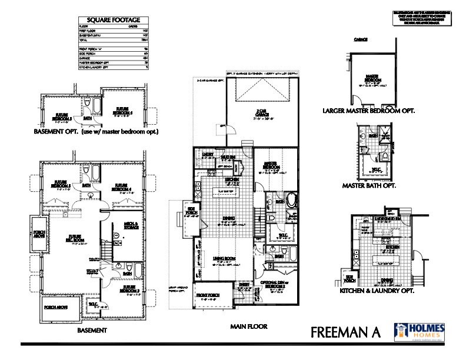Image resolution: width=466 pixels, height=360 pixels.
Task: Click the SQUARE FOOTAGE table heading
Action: click(112, 19)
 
